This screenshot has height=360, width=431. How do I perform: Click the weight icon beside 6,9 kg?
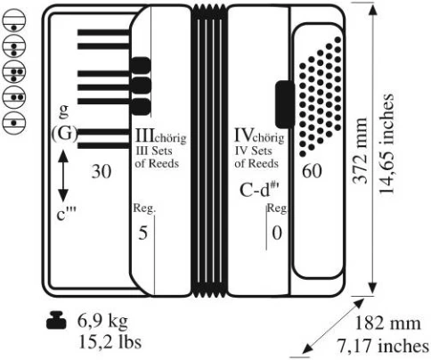coord(56,321)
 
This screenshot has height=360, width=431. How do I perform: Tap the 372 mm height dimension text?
coord(360,151)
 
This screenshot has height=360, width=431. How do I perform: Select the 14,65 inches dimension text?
coord(386,144)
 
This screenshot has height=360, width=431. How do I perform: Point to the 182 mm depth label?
coord(387,323)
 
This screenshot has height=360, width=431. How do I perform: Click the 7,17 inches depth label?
coord(383,346)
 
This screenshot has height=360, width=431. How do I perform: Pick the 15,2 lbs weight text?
coord(110,342)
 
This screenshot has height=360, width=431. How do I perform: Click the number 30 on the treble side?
coord(102,171)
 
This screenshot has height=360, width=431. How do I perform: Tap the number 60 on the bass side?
coord(312,171)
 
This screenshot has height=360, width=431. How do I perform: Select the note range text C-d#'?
coord(260,190)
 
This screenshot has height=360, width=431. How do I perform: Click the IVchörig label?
coord(259,135)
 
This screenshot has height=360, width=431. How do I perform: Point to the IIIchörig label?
coord(160,135)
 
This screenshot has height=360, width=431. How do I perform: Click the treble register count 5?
coord(143,233)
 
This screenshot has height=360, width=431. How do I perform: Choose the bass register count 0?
coord(277,233)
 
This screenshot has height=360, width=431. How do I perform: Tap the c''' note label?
coord(66,214)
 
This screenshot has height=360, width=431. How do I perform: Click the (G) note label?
coord(64,134)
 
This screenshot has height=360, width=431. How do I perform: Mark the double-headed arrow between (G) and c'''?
coord(63,176)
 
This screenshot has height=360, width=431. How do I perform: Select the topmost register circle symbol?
coord(13,20)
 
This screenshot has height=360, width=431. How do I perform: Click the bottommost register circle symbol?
coord(13,123)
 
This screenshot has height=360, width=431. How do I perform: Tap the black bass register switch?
coord(285,104)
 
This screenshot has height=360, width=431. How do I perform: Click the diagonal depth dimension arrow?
coord(334,326)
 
